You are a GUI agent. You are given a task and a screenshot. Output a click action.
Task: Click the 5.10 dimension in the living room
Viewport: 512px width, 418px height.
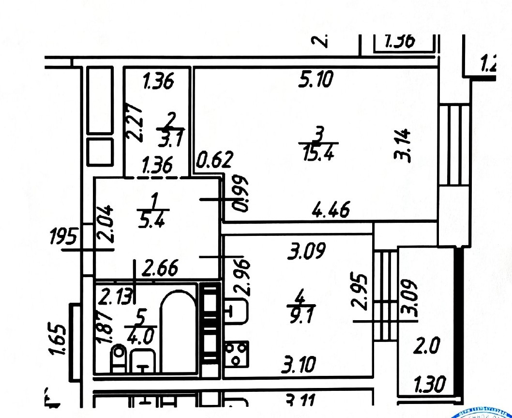click(x=316, y=79)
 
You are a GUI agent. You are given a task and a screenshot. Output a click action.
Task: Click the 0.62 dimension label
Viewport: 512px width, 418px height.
click(x=215, y=159)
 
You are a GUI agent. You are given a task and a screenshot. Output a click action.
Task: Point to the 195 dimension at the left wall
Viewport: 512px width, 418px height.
click(x=63, y=237)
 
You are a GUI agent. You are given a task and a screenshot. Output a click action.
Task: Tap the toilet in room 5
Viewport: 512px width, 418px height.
click(x=118, y=358)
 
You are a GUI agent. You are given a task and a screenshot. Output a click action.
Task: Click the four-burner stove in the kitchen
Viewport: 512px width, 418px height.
click(x=237, y=354)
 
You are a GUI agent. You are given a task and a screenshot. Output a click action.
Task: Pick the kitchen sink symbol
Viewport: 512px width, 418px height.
click(x=236, y=310)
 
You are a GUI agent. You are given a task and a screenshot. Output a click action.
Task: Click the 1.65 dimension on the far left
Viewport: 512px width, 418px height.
click(x=59, y=340)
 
